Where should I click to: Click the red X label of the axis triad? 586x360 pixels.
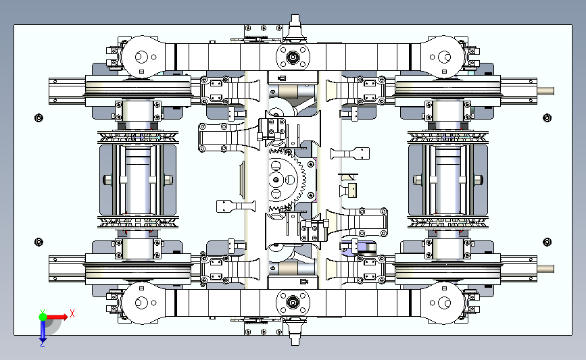click(x=72, y=313)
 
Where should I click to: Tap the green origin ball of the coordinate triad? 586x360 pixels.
click(x=43, y=317)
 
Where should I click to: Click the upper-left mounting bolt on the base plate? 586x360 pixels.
click(x=39, y=118)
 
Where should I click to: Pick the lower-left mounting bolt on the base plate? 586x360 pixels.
click(x=39, y=242)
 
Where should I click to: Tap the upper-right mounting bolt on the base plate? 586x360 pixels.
click(x=547, y=118)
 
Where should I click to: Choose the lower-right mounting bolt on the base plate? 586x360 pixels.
click(x=547, y=242)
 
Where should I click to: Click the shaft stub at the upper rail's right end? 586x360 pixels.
click(x=545, y=91)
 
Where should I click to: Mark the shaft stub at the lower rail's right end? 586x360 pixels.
click(x=545, y=269)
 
